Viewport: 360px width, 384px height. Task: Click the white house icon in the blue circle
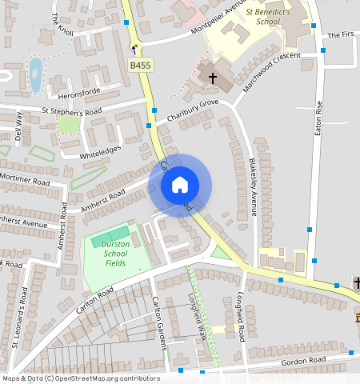click(180, 185)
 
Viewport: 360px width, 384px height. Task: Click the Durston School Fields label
click(116, 254)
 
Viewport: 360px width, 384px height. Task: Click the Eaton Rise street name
click(318, 117)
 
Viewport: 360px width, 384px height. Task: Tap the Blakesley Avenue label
click(253, 186)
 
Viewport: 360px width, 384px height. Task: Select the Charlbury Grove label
click(192, 112)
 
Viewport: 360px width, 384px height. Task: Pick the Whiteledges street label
click(101, 152)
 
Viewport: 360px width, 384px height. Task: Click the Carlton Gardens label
click(159, 323)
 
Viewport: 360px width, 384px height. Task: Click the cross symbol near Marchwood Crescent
click(213, 78)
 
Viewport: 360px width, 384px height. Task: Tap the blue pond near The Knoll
click(35, 74)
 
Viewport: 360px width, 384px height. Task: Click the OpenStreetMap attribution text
click(81, 378)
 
